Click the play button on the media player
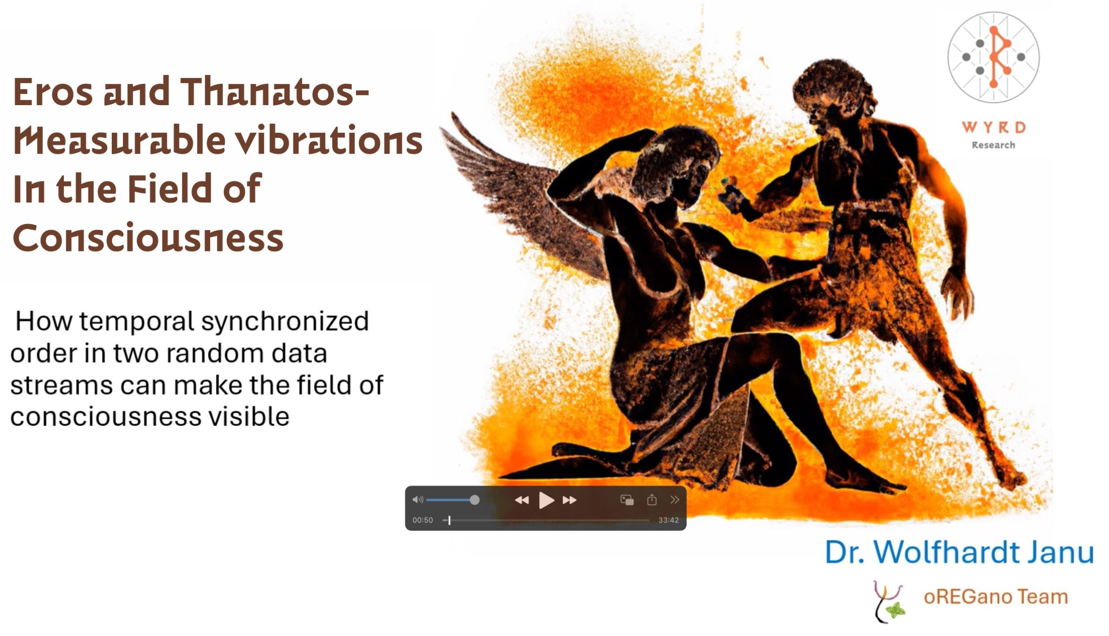point(546,500)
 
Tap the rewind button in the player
point(522,500)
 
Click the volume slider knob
point(474,500)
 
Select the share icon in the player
point(652,500)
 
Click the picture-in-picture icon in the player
point(627,500)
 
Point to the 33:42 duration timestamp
point(668,520)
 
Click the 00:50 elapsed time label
point(422,520)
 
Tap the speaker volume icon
point(418,500)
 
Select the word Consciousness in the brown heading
point(148,238)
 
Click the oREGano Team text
point(996,597)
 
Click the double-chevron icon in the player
point(674,500)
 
